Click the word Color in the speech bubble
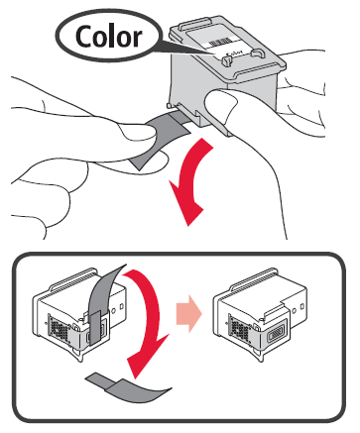(x=109, y=36)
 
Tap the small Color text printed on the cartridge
(x=234, y=54)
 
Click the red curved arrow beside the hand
(x=189, y=182)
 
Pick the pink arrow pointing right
(x=189, y=313)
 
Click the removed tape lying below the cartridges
(x=128, y=387)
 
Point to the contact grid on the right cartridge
(x=239, y=328)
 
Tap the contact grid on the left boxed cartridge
(x=59, y=328)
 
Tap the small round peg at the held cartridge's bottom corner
(x=169, y=105)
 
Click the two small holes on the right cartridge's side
(x=299, y=308)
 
